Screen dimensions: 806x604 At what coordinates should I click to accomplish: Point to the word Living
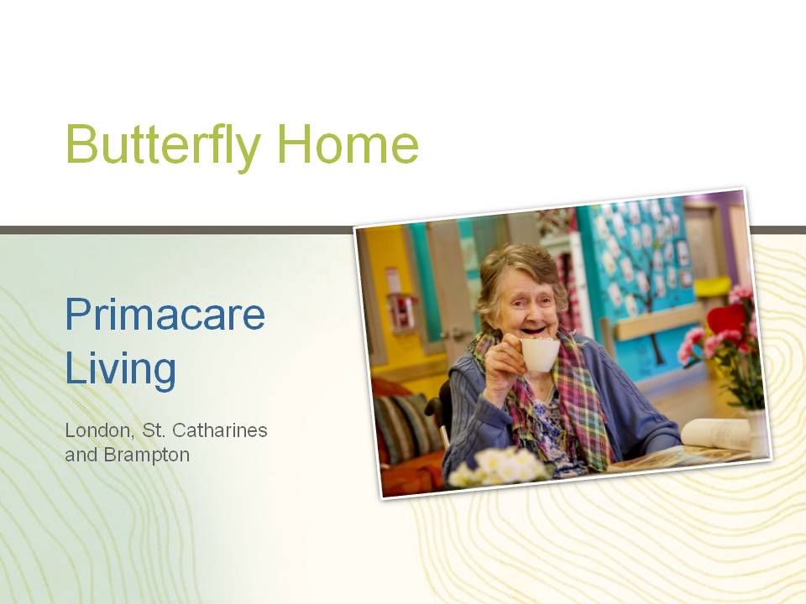pos(121,369)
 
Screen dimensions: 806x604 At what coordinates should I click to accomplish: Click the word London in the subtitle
pos(97,430)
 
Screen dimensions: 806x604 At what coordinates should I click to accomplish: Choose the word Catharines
pos(219,430)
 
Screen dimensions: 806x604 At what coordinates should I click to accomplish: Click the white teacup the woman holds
pos(539,354)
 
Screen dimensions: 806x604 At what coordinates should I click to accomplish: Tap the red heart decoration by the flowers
pos(725,319)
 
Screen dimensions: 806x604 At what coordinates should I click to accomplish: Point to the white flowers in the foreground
pos(496,467)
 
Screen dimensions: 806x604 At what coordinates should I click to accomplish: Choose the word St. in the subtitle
pos(152,430)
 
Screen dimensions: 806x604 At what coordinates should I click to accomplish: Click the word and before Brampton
pos(81,455)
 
